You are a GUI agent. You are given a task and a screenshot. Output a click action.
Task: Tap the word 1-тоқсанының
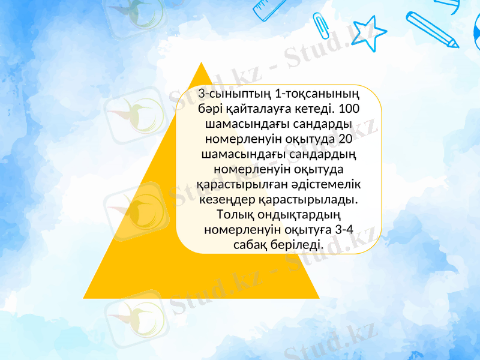tap(314, 94)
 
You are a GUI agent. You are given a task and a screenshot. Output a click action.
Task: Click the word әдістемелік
tap(328, 184)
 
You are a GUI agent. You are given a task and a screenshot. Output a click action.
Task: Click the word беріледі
tap(299, 245)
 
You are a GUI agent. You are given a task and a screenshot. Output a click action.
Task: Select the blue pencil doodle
tap(432, 28)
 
